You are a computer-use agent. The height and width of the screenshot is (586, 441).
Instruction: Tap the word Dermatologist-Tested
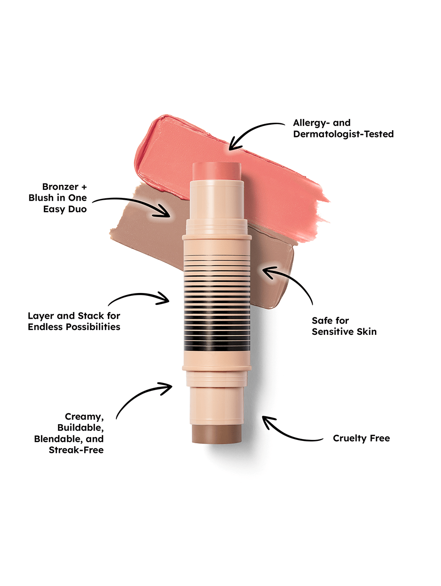click(343, 134)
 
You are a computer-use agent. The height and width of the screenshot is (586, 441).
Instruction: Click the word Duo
click(77, 209)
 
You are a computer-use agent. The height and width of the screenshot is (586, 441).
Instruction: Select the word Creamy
click(85, 417)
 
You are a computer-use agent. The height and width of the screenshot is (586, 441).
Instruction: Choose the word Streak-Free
click(76, 450)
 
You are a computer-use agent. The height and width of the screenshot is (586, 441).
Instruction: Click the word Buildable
click(80, 428)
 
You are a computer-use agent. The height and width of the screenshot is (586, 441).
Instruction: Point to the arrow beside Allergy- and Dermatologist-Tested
click(257, 131)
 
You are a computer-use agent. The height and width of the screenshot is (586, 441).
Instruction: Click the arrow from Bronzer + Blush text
click(133, 202)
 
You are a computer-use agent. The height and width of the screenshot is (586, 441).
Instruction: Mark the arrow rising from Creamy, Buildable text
click(140, 397)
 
